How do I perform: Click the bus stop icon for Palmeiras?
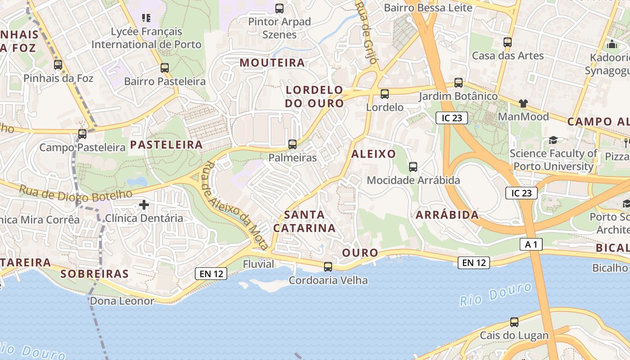[x=292, y=144]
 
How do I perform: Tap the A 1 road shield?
[x=531, y=244]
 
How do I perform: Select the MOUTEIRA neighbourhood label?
[x=272, y=63]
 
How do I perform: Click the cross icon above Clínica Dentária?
[x=144, y=205]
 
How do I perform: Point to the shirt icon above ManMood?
[x=523, y=103]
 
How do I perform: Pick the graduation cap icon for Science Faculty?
[x=553, y=140]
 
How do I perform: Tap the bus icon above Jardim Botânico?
[x=459, y=83]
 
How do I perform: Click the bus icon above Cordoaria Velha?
[x=328, y=267]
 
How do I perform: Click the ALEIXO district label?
[x=373, y=154]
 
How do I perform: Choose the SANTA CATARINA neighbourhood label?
[x=305, y=221]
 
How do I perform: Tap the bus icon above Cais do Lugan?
[x=514, y=322]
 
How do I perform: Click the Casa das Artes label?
[x=508, y=56]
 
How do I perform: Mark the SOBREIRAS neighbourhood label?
[x=94, y=274]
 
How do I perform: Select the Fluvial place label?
[x=258, y=264]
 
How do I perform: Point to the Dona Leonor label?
[x=122, y=301]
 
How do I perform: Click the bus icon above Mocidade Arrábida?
[x=413, y=167]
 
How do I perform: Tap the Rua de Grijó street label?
[x=367, y=34]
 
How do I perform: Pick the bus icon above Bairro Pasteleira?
[x=165, y=68]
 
